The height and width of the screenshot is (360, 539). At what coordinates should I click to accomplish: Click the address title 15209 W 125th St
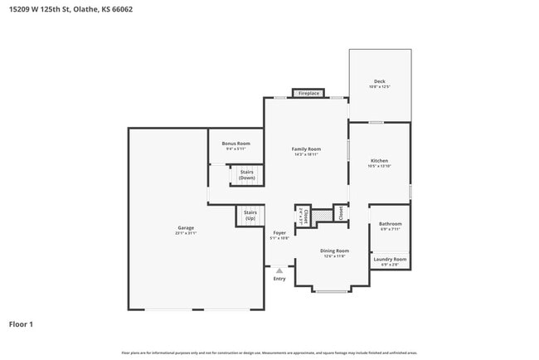tap(70, 10)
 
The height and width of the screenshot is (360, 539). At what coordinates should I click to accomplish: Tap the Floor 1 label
tap(22, 324)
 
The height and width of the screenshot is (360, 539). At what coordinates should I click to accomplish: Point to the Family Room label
tap(306, 149)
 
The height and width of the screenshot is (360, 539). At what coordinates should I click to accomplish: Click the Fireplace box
tap(308, 94)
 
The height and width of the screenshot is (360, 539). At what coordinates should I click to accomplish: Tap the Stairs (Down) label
tap(247, 175)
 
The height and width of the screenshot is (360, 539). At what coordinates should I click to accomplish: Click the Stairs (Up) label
tap(250, 215)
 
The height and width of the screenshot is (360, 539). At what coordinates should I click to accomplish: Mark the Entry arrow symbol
tap(279, 270)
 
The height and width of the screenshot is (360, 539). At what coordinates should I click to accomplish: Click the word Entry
tap(279, 279)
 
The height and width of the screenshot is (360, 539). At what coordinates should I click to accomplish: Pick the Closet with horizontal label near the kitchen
tap(340, 212)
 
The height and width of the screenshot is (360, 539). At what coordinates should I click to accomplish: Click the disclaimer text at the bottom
tap(269, 353)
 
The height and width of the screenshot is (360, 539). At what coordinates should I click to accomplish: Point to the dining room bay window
tap(332, 291)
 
